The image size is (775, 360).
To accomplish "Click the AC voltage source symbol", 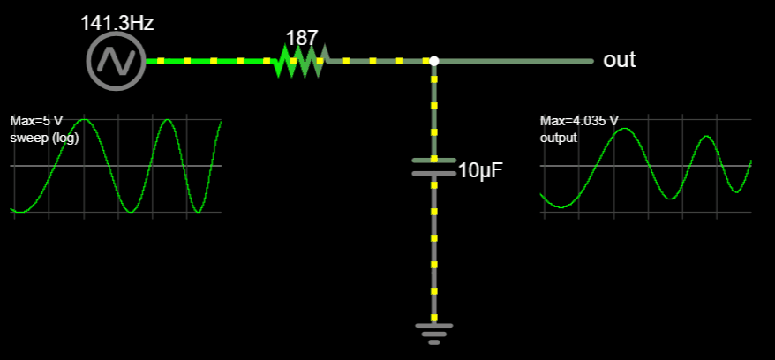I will point(115,61).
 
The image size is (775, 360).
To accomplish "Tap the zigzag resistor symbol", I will point(299,61).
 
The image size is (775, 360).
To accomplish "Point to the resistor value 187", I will point(301,39).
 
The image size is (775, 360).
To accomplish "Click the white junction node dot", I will point(433,61).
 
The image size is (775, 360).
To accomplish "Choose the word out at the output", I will point(619,60).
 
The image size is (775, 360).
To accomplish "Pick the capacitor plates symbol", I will point(433,167).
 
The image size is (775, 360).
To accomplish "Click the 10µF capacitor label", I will point(480,170).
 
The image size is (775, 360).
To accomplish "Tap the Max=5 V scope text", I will point(34,121).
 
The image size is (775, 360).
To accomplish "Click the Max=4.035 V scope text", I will point(579,121).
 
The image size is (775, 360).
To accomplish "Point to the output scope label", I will point(558,138).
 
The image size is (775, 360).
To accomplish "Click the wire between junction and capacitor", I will point(433,110).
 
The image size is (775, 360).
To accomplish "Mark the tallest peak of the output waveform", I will point(624,130).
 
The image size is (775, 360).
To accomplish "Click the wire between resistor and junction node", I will point(380,61).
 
